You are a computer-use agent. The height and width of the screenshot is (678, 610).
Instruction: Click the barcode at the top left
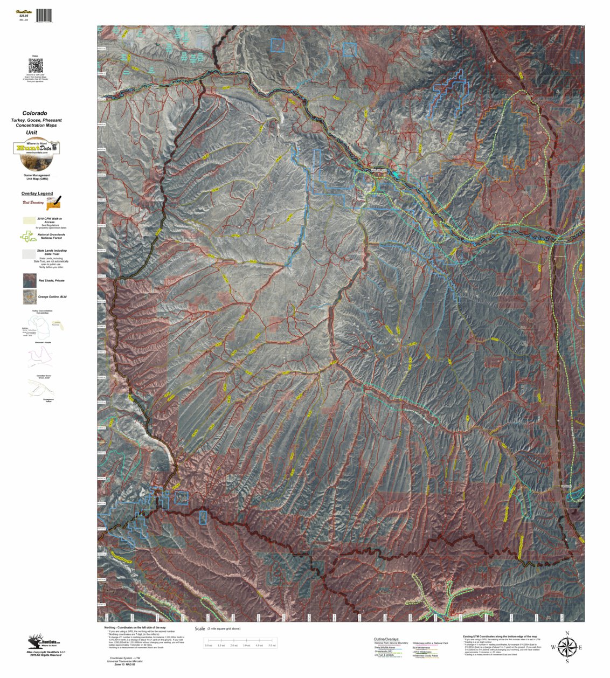pos(44,16)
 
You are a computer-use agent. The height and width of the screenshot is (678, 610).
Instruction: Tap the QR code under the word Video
pos(36,66)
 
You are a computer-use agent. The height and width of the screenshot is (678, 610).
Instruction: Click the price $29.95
pos(23,16)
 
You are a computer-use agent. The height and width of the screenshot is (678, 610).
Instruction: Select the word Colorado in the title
pos(34,113)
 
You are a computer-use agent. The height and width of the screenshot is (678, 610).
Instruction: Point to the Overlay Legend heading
pos(37,193)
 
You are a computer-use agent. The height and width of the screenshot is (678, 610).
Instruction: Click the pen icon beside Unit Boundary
pos(54,203)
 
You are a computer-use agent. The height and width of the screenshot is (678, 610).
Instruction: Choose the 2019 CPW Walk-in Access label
pos(49,220)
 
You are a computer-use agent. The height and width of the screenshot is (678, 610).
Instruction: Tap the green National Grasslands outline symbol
pos(28,236)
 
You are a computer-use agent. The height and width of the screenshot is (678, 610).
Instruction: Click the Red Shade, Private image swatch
pos(30,280)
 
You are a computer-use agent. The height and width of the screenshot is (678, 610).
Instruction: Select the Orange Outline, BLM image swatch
pos(30,297)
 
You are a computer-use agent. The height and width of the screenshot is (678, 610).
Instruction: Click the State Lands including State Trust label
pos(52,251)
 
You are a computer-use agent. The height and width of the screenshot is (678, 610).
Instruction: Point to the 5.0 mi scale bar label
pos(271,645)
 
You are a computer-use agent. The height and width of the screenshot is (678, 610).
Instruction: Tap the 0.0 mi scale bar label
pos(209,645)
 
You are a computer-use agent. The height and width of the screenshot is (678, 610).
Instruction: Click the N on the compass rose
pos(567,633)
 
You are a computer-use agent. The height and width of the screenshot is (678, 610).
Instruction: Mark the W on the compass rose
pos(553,647)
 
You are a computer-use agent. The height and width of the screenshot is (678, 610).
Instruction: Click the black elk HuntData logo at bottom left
pos(44,641)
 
